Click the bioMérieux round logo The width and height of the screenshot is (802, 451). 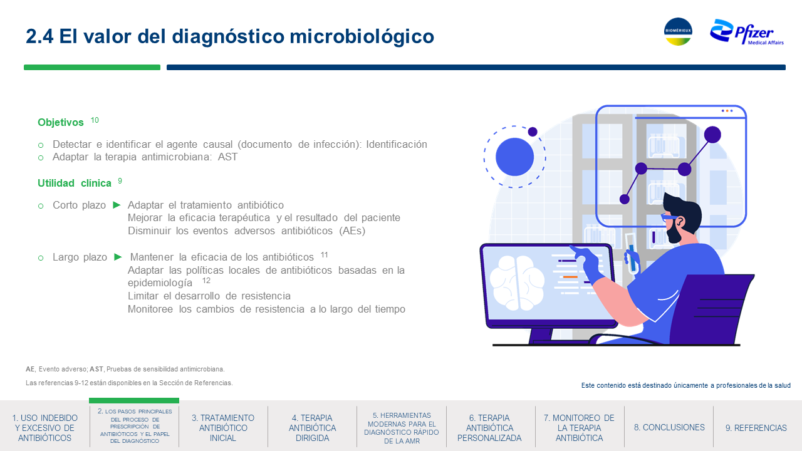pyautogui.click(x=678, y=31)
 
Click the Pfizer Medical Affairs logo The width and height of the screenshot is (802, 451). pyautogui.click(x=747, y=33)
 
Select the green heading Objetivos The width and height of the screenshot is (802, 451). pyautogui.click(x=61, y=122)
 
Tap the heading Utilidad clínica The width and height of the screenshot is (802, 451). pyautogui.click(x=75, y=184)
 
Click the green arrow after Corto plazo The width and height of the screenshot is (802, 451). pyautogui.click(x=117, y=205)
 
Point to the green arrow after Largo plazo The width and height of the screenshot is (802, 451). pyautogui.click(x=118, y=257)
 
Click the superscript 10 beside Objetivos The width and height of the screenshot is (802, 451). pyautogui.click(x=95, y=120)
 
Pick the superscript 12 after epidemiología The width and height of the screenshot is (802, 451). pyautogui.click(x=206, y=281)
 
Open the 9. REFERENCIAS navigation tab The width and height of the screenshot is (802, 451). pyautogui.click(x=756, y=428)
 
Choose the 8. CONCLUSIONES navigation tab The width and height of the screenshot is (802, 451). pyautogui.click(x=669, y=427)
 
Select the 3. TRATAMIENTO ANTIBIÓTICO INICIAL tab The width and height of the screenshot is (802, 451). pyautogui.click(x=223, y=428)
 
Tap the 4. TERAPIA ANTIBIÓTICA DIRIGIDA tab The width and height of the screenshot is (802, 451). pyautogui.click(x=312, y=428)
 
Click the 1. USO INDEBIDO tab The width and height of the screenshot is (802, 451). pyautogui.click(x=44, y=428)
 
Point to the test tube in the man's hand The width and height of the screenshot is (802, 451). pyautogui.click(x=632, y=254)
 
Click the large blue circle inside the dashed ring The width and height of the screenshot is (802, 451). pyautogui.click(x=514, y=157)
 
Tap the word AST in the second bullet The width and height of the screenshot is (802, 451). pyautogui.click(x=227, y=157)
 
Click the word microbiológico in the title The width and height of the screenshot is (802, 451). pyautogui.click(x=362, y=36)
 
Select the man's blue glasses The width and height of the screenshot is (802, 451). pyautogui.click(x=668, y=217)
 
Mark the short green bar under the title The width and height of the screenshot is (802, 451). pyautogui.click(x=92, y=67)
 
